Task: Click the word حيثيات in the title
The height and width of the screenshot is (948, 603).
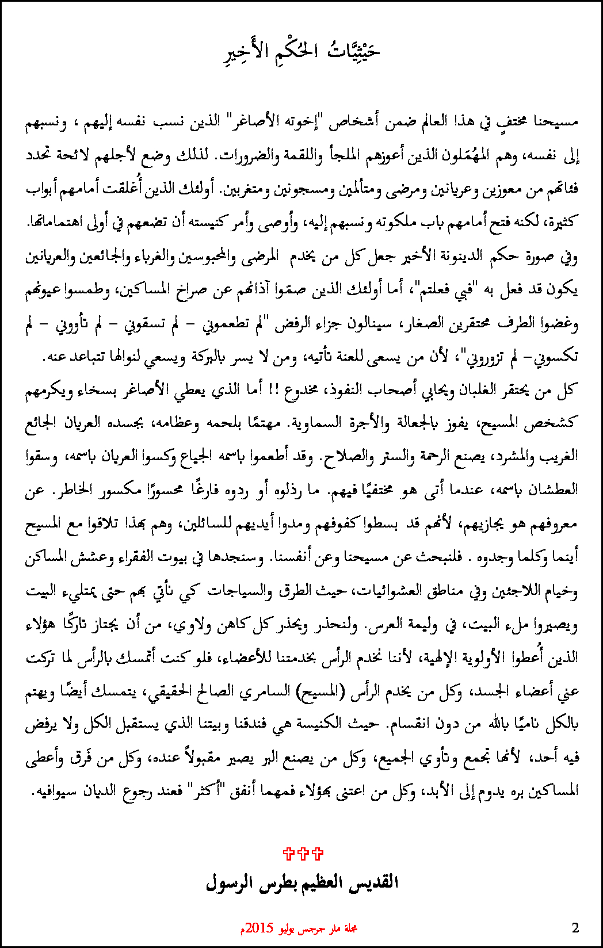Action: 354,51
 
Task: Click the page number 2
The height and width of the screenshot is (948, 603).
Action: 575,927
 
